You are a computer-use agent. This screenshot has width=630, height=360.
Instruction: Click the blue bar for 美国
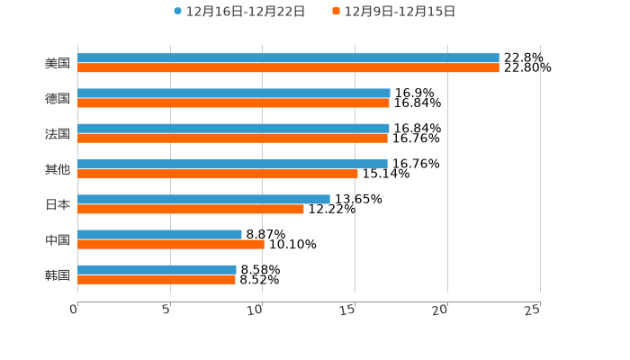click(288, 58)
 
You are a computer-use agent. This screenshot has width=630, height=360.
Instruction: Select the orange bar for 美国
click(288, 68)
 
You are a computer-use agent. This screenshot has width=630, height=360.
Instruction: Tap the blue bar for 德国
click(234, 94)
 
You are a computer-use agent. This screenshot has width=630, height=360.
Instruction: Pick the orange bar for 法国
click(232, 139)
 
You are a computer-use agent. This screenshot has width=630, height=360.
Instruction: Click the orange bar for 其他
click(218, 174)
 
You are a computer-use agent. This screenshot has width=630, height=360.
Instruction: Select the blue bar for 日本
click(203, 199)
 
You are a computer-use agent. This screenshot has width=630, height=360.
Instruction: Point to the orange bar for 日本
click(191, 209)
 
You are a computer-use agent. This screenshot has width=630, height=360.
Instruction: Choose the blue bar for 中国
click(159, 234)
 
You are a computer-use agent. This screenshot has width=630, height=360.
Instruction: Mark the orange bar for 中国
click(171, 244)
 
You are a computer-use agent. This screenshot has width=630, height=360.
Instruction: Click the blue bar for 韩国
click(157, 269)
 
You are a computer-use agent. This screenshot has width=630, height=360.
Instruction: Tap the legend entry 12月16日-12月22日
click(239, 12)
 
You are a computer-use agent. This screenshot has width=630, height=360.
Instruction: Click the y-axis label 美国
click(58, 64)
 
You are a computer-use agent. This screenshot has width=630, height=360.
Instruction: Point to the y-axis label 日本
click(58, 204)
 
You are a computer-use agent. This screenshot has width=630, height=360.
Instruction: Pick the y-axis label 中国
click(58, 239)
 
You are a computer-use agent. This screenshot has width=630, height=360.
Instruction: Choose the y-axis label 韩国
click(58, 274)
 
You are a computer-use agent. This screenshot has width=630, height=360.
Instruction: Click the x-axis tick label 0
click(75, 310)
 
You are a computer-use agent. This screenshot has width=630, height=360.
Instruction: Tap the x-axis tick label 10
click(257, 310)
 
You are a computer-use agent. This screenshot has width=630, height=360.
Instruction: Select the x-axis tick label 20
click(441, 310)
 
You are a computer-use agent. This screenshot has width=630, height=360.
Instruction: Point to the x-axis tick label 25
click(533, 310)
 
